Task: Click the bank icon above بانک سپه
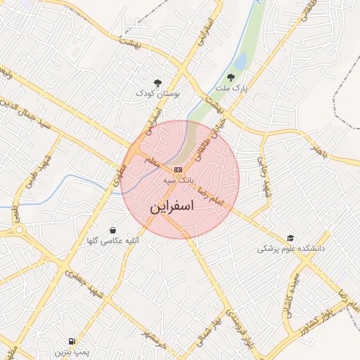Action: click(x=178, y=169)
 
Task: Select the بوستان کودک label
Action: click(x=157, y=93)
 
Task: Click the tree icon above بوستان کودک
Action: click(x=157, y=82)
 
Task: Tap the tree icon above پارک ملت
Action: click(x=231, y=78)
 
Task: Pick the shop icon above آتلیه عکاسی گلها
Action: click(x=112, y=230)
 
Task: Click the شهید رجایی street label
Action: click(x=265, y=178)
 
